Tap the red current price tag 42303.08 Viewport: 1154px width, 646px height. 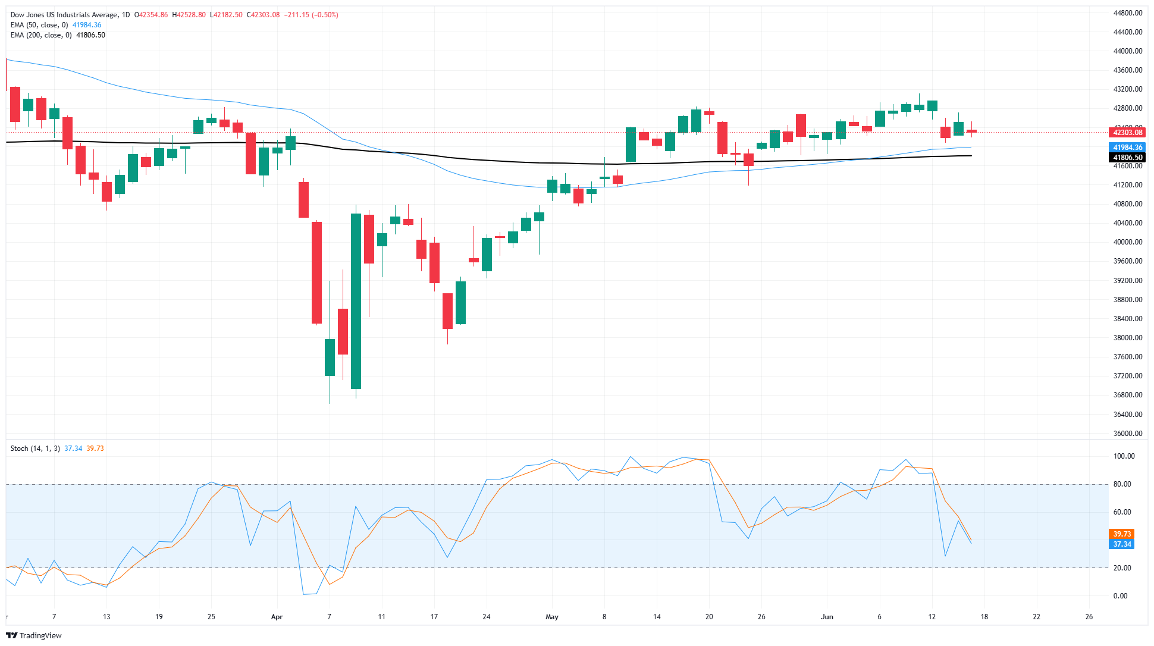tap(1128, 133)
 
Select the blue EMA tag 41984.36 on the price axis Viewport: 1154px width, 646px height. tap(1128, 148)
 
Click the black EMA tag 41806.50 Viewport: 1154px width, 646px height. tap(1128, 158)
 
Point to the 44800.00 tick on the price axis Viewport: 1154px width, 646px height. tap(1127, 13)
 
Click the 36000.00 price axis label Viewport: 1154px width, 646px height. tap(1127, 434)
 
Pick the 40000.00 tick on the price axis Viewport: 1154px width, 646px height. tap(1127, 242)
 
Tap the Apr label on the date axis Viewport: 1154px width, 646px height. tap(277, 617)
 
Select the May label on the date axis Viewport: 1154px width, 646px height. tap(552, 617)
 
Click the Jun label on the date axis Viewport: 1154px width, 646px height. tap(827, 617)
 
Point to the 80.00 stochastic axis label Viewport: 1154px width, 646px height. tap(1122, 484)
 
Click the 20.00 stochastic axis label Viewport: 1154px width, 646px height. tap(1122, 568)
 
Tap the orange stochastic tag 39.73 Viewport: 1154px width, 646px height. tap(1121, 534)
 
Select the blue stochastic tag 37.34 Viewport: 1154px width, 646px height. tap(1121, 544)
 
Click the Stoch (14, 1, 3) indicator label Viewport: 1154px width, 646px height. tap(35, 449)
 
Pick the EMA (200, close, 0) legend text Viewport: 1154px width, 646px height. tap(41, 35)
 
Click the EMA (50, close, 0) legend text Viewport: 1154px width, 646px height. tap(39, 25)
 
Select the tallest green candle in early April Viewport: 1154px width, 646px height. tap(356, 301)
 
